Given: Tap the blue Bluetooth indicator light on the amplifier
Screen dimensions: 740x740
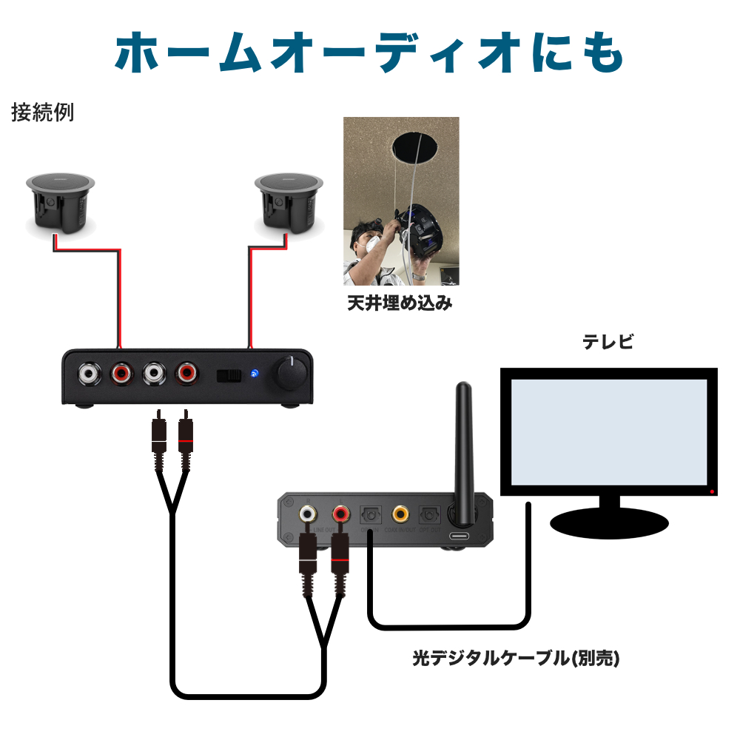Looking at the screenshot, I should tap(255, 374).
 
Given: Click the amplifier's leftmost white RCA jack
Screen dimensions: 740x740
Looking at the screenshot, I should tap(90, 374).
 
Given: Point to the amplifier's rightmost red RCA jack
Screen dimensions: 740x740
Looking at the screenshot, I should tap(186, 374).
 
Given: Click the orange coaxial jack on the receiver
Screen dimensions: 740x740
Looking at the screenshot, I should tap(400, 512).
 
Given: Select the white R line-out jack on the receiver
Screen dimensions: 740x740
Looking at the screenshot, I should tap(309, 513).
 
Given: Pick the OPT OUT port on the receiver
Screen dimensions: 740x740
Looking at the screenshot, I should tap(429, 514).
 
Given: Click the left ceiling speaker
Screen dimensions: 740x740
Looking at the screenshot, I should tap(61, 203).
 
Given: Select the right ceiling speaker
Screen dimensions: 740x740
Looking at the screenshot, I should tap(289, 203).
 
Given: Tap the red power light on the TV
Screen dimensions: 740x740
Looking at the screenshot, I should tap(712, 491).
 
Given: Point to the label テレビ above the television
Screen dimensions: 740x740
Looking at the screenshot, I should tap(608, 343).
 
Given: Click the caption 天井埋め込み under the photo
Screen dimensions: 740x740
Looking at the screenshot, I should tap(400, 303).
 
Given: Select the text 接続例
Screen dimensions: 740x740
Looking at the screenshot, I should tap(43, 113).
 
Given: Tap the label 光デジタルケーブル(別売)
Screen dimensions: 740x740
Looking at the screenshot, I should tap(516, 658).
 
